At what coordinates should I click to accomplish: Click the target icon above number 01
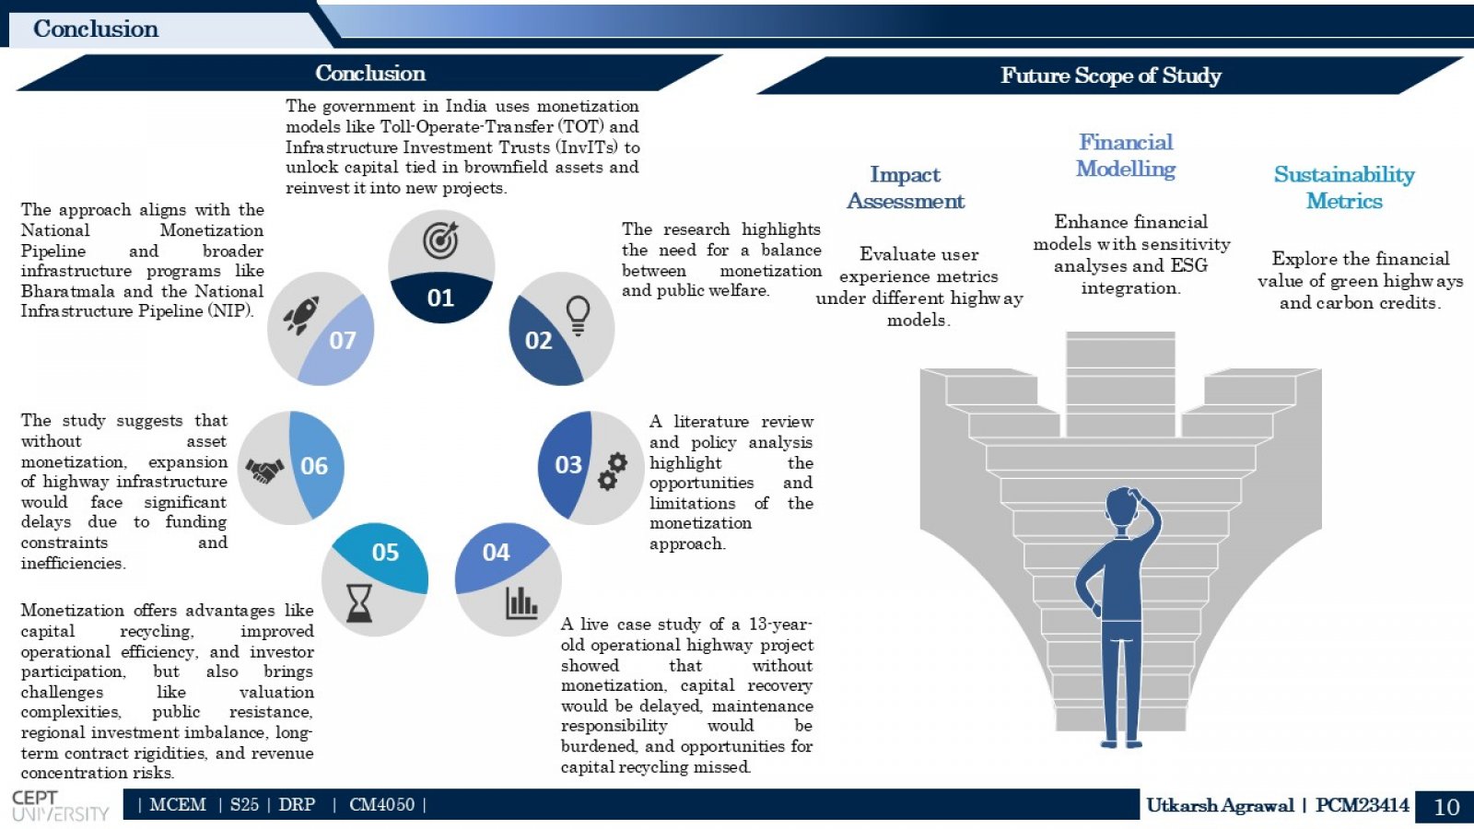pyautogui.click(x=440, y=239)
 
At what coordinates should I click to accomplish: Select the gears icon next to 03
pyautogui.click(x=612, y=471)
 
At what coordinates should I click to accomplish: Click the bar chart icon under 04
pyautogui.click(x=521, y=602)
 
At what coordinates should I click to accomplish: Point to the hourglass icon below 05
pyautogui.click(x=359, y=603)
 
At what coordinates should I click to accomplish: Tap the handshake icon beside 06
pyautogui.click(x=264, y=470)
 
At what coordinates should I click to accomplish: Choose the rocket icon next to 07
pyautogui.click(x=302, y=315)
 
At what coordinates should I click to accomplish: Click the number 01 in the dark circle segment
pyautogui.click(x=440, y=298)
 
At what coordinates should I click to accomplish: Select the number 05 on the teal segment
pyautogui.click(x=385, y=552)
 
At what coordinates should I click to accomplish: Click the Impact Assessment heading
pyautogui.click(x=906, y=188)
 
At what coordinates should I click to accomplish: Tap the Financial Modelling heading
pyautogui.click(x=1126, y=156)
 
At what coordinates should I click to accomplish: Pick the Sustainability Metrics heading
pyautogui.click(x=1344, y=188)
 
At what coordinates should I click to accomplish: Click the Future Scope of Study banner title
pyautogui.click(x=1111, y=75)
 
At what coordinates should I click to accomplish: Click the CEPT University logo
pyautogui.click(x=60, y=806)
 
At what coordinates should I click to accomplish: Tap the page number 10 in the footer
pyautogui.click(x=1446, y=807)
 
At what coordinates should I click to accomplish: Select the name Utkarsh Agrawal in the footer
pyautogui.click(x=1220, y=805)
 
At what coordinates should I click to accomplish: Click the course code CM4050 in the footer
pyautogui.click(x=381, y=805)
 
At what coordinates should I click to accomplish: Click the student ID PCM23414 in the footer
pyautogui.click(x=1363, y=805)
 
